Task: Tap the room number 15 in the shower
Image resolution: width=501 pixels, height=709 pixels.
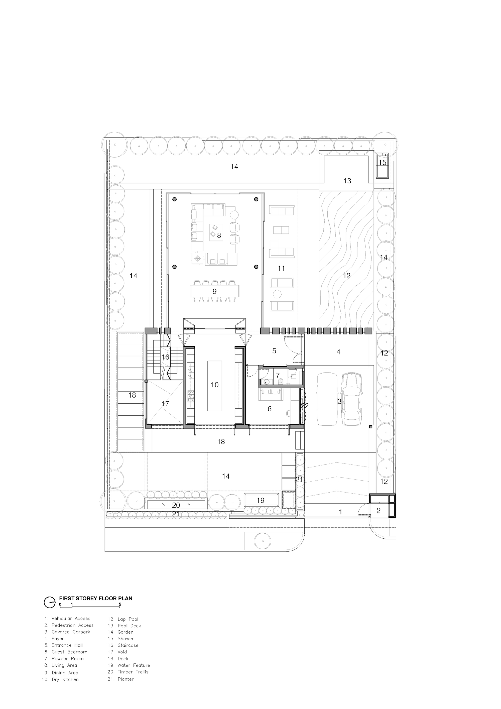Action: [x=382, y=162]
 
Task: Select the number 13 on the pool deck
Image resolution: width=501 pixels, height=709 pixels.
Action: [x=347, y=181]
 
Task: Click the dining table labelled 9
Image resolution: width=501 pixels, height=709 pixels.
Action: [x=214, y=291]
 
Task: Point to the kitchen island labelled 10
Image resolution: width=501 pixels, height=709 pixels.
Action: [x=214, y=386]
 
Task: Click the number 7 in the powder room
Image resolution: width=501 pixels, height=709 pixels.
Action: [x=278, y=376]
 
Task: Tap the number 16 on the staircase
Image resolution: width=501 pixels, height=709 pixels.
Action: [x=166, y=357]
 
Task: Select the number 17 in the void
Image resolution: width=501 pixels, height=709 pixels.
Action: [x=166, y=404]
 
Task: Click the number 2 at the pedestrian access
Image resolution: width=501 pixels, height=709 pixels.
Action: [x=379, y=511]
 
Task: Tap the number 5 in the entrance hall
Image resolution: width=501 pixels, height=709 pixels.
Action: [x=274, y=351]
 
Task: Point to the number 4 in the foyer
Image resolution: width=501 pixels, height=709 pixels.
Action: [x=338, y=352]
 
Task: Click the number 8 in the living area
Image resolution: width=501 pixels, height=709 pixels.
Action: [x=219, y=235]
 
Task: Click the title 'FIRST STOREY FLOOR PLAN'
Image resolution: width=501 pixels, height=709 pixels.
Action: [x=96, y=598]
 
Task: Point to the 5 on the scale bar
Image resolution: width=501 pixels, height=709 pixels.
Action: [x=120, y=604]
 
